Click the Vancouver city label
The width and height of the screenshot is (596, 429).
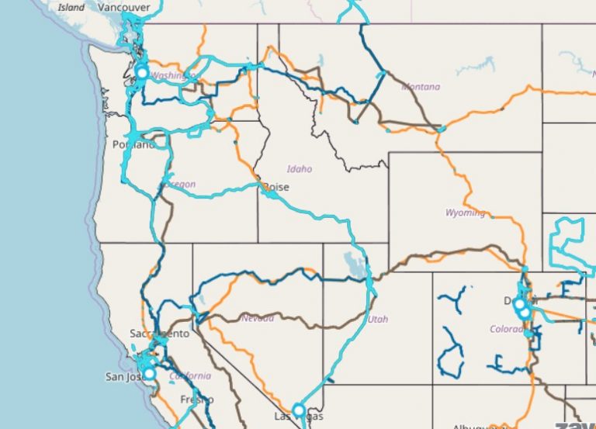click(124, 7)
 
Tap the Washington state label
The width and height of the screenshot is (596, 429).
click(172, 75)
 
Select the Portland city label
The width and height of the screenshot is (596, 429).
click(133, 144)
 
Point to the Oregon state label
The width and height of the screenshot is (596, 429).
click(179, 185)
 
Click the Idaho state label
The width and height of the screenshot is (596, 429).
click(300, 168)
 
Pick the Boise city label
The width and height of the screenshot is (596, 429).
click(275, 187)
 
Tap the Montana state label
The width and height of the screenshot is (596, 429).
click(421, 87)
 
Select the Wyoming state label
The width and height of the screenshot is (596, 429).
click(465, 213)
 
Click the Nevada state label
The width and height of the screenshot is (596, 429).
click(257, 318)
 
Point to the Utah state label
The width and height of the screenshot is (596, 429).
click(379, 319)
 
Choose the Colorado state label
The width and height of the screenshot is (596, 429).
click(507, 329)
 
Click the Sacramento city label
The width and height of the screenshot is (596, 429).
click(159, 334)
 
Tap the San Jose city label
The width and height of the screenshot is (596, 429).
click(124, 377)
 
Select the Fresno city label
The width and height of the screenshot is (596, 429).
click(197, 400)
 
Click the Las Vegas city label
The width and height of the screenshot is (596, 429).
click(296, 418)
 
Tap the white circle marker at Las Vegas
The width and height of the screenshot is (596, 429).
click(299, 410)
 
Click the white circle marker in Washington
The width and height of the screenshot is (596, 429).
click(142, 72)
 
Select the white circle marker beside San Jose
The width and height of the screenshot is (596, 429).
click(150, 373)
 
